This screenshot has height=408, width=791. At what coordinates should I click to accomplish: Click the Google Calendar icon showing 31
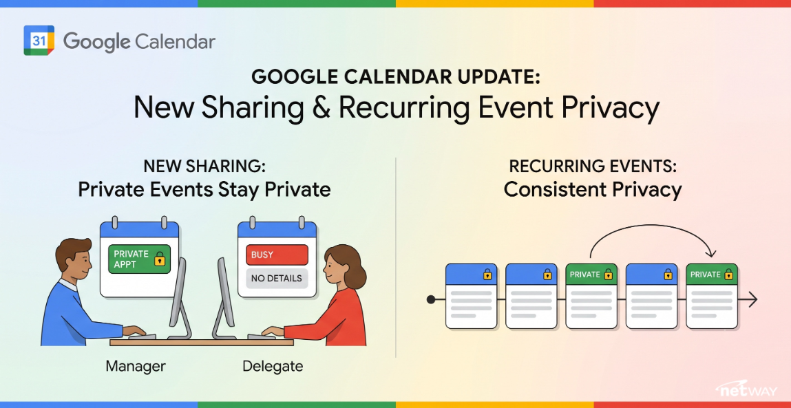click(x=39, y=41)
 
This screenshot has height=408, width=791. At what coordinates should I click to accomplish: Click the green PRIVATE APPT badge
click(x=139, y=259)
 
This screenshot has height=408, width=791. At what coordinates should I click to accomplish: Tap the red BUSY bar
click(x=277, y=255)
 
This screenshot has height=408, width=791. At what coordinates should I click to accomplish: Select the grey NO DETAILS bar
click(x=277, y=278)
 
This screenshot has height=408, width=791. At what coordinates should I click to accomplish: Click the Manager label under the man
click(x=135, y=367)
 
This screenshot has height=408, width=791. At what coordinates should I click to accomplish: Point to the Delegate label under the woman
click(x=273, y=366)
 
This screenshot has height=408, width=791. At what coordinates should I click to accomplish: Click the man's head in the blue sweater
click(x=74, y=261)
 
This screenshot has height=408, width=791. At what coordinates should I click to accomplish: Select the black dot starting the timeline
click(x=431, y=299)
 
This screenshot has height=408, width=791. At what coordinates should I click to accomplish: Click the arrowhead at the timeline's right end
click(x=752, y=299)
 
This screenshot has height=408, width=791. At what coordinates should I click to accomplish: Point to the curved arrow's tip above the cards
click(x=712, y=256)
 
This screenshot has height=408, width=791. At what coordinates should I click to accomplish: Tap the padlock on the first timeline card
click(x=487, y=275)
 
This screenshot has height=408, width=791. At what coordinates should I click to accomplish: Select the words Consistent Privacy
click(x=593, y=190)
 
